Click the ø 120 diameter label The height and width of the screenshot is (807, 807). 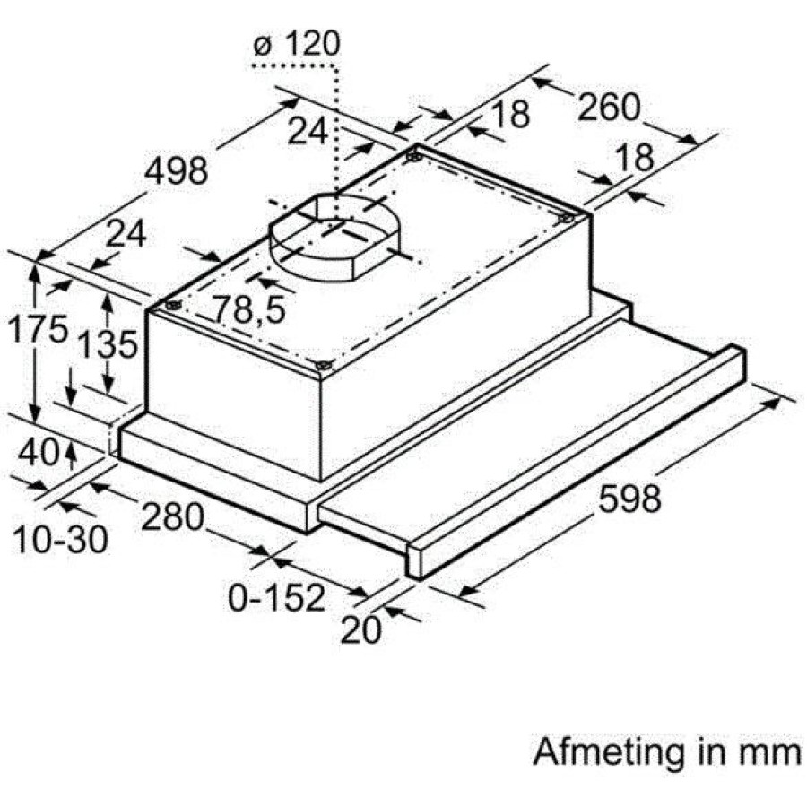(x=297, y=44)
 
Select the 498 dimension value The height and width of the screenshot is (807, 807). (x=176, y=171)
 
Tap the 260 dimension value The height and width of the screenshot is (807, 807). (x=608, y=107)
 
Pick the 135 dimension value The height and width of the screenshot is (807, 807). (x=108, y=343)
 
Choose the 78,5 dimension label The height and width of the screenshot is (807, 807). (x=249, y=309)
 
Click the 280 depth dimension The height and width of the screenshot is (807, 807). (x=173, y=516)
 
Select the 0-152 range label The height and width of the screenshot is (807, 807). (x=277, y=597)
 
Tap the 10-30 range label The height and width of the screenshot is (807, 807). (x=60, y=540)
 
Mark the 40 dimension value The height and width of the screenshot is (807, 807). (x=39, y=453)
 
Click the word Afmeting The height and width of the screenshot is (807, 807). (x=608, y=753)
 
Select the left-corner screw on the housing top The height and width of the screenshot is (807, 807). (x=172, y=305)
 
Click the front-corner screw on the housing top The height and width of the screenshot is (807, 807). (x=323, y=366)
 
